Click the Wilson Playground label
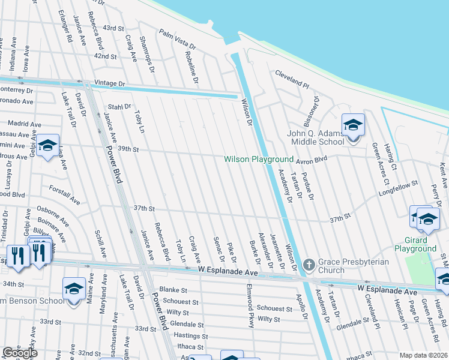click(x=258, y=160)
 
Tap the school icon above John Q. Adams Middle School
click(x=353, y=126)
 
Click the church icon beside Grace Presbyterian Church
click(x=309, y=264)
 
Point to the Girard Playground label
click(x=415, y=244)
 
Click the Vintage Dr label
click(x=110, y=83)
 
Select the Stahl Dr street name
click(x=119, y=107)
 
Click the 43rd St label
click(x=113, y=28)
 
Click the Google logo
click(x=20, y=353)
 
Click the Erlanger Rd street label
click(x=65, y=25)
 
